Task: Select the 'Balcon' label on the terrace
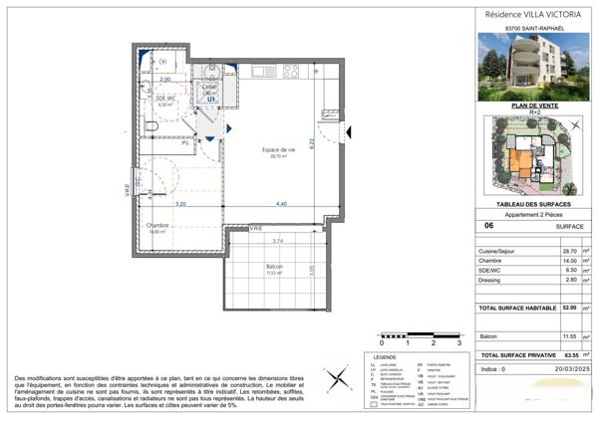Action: pyautogui.click(x=274, y=268)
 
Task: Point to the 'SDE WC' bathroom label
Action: pyautogui.click(x=165, y=98)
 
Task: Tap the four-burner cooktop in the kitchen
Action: pyautogui.click(x=291, y=72)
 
